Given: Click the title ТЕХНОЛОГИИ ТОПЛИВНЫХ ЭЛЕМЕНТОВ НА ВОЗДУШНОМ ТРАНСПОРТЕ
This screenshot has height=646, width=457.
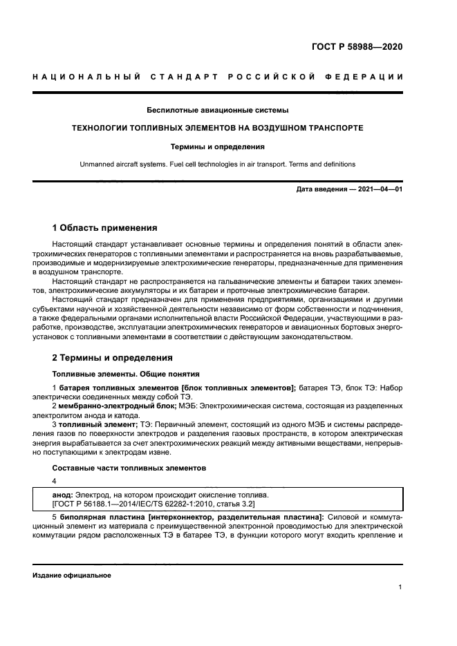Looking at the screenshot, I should click(218, 129).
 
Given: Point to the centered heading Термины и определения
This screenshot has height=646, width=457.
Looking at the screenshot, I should click(218, 146).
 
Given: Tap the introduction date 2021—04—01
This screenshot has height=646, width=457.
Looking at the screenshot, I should click(380, 189).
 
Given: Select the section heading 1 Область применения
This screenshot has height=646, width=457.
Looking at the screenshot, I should click(105, 227).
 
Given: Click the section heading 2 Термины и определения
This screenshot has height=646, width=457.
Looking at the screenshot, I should click(108, 358).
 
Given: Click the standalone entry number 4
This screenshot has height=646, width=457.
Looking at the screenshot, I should click(55, 481).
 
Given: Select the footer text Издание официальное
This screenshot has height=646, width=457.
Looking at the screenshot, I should click(71, 575).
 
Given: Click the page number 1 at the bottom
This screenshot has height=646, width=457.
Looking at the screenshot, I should click(400, 587).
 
